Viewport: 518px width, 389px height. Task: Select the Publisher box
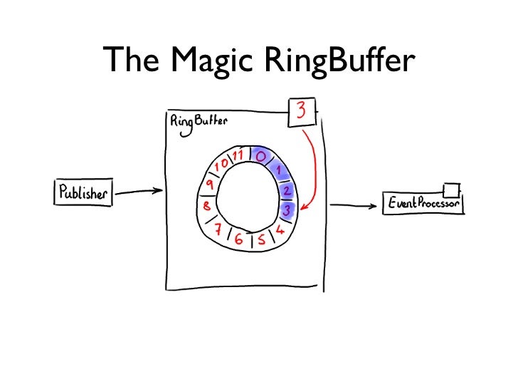[x=83, y=193]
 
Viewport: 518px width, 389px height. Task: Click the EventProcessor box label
[x=423, y=204]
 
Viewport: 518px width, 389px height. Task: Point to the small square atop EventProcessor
[x=450, y=190]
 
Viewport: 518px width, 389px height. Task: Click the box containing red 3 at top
[x=301, y=111]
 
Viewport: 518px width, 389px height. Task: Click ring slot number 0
[x=261, y=156]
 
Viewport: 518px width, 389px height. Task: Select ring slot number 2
[x=286, y=191]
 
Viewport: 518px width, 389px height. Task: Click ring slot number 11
[x=239, y=156]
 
